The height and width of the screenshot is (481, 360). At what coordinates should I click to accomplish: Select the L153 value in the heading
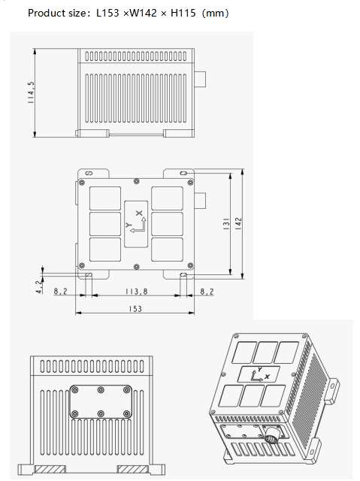(x=109, y=14)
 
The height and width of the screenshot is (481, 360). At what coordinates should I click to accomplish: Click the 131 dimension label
(x=225, y=224)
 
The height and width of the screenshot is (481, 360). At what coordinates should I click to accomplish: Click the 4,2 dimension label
(x=39, y=286)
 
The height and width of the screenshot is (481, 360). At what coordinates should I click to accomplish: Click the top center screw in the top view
(x=135, y=181)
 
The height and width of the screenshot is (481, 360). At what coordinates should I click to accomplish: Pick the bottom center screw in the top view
(x=135, y=265)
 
